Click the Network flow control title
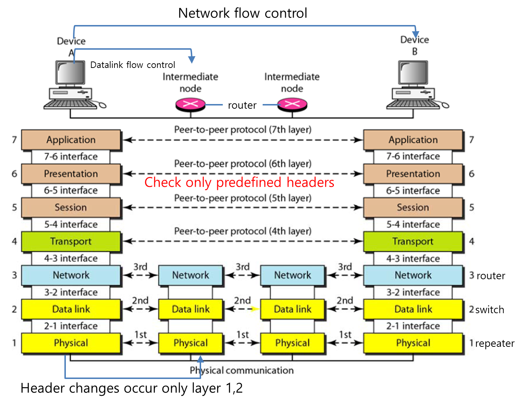click(242, 13)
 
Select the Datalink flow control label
click(132, 65)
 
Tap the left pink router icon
click(190, 104)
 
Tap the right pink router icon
click(292, 104)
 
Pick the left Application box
click(71, 140)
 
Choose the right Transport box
click(413, 241)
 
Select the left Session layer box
click(71, 207)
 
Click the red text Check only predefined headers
click(239, 182)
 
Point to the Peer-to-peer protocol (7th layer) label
click(243, 129)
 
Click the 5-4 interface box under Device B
click(413, 225)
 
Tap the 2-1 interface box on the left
click(71, 326)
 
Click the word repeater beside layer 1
click(495, 343)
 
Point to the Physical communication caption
click(242, 370)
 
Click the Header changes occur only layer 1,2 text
click(131, 388)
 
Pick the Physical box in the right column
click(413, 343)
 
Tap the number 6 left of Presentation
click(14, 174)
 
